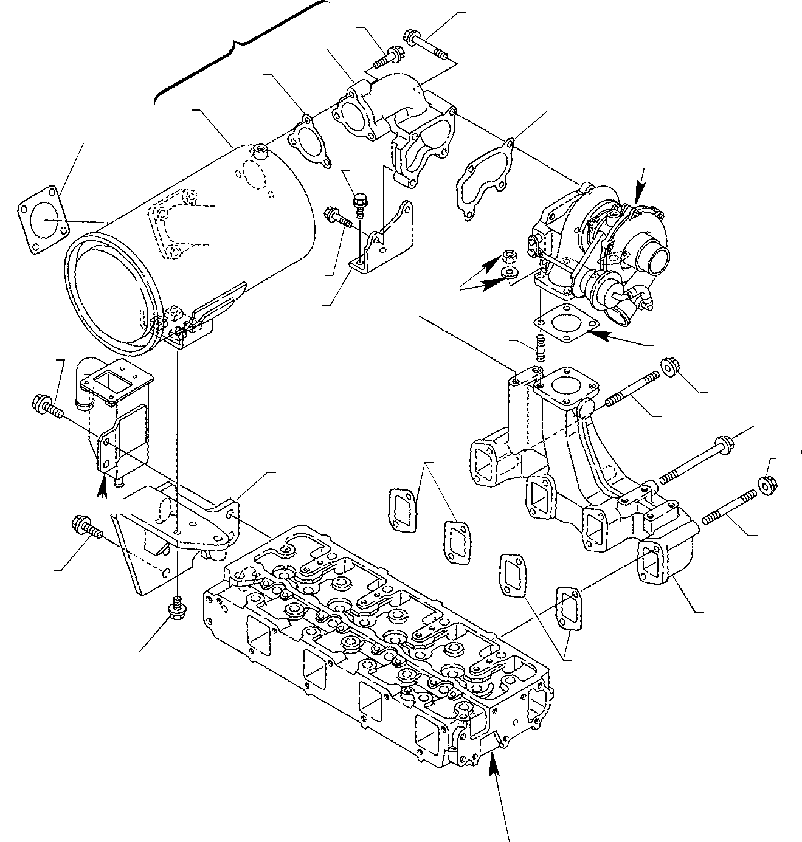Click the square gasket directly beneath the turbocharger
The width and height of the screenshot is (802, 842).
pos(562,322)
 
